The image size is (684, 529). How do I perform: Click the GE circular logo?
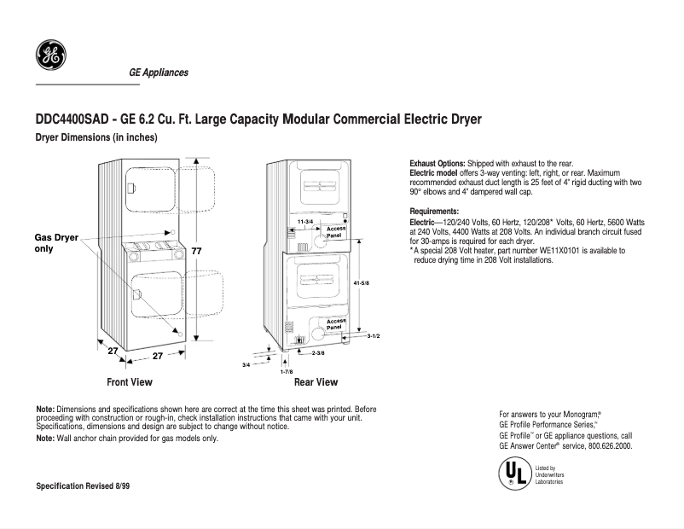click(49, 57)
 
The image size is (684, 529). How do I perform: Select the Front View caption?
click(130, 382)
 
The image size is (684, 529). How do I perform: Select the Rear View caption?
click(316, 382)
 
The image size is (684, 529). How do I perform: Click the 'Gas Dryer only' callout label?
click(56, 243)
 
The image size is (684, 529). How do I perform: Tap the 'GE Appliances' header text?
click(158, 73)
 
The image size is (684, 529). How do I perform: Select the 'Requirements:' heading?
click(434, 211)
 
